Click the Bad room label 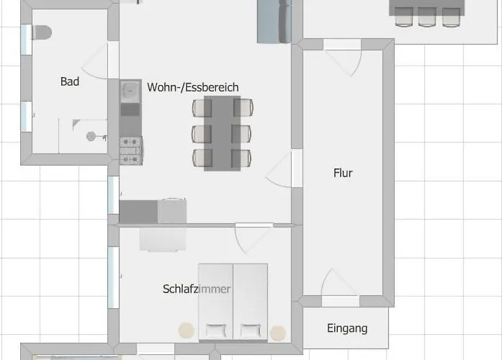coord(70,82)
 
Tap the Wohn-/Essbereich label coord(192,87)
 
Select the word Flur coord(343,173)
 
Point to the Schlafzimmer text coord(197,289)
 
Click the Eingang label coord(347,328)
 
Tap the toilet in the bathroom coord(41,33)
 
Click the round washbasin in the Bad coord(91,135)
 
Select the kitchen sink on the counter coord(130,91)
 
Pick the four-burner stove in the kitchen coord(130,150)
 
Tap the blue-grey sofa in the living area coord(274,21)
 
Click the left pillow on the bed coord(216,330)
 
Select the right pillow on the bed coord(250,330)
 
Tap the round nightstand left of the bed coord(187,330)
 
